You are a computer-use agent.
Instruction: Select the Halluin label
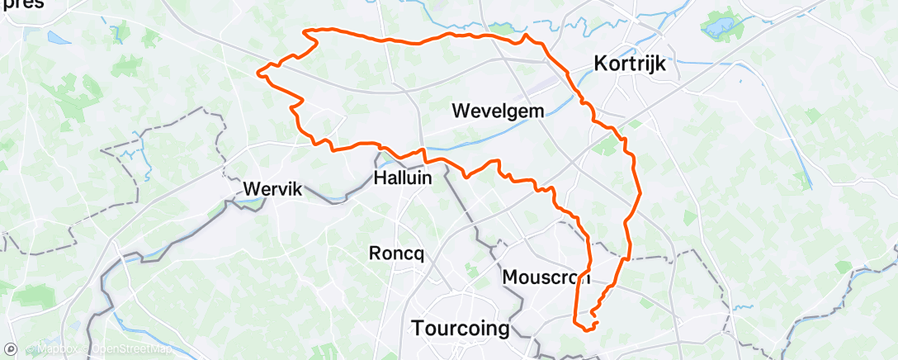coord(404,178)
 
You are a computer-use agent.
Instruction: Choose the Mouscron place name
coord(546,277)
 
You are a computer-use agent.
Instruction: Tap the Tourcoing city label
coord(460,328)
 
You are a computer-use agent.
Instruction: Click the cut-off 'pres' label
coord(22,4)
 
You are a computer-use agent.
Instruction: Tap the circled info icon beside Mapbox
coord(29,349)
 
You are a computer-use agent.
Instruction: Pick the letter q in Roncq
coord(419,255)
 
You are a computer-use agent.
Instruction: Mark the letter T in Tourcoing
coord(417,328)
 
